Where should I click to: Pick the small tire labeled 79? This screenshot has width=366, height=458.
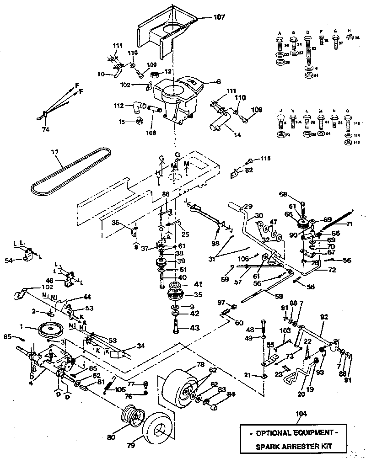157,432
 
